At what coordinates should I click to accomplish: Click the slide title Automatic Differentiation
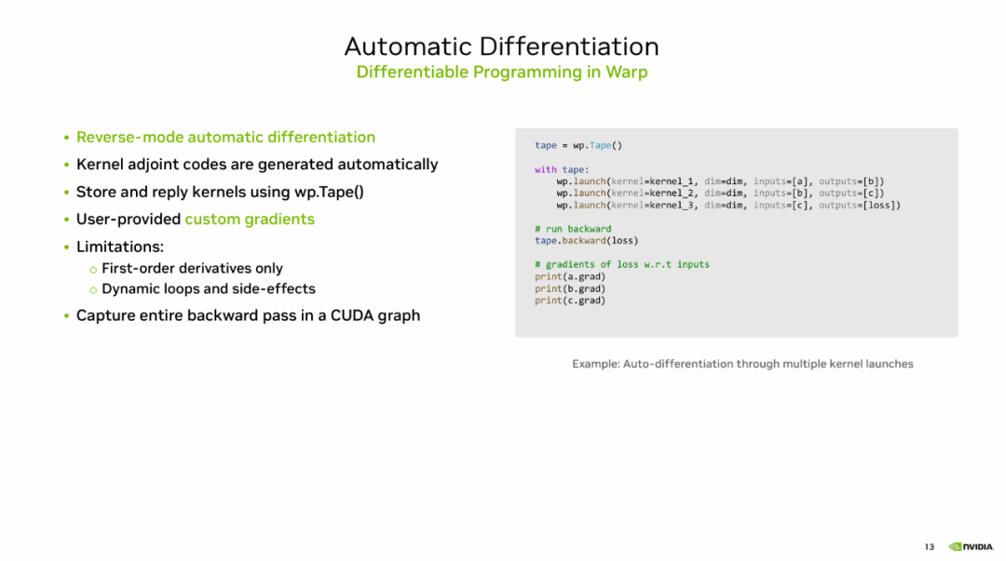(502, 47)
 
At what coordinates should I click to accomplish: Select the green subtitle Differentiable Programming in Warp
(502, 72)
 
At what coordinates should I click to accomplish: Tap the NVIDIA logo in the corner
(971, 547)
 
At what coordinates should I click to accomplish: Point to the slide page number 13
(930, 547)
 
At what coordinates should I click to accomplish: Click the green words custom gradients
(250, 220)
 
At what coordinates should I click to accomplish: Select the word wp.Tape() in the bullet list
(329, 192)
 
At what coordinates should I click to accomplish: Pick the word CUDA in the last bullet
(351, 315)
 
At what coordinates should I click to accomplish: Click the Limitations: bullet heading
(120, 247)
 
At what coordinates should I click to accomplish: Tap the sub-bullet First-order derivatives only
(193, 268)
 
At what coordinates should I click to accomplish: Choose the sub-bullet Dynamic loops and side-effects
(209, 288)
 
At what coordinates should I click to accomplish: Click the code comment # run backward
(573, 229)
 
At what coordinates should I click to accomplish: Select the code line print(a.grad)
(570, 276)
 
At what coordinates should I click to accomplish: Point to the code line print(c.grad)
(570, 301)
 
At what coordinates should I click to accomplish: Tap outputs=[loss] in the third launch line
(858, 206)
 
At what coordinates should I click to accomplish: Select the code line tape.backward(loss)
(587, 240)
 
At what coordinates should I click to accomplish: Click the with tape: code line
(562, 169)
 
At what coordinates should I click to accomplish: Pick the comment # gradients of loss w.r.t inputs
(622, 264)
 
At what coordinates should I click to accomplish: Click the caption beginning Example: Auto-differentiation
(742, 364)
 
